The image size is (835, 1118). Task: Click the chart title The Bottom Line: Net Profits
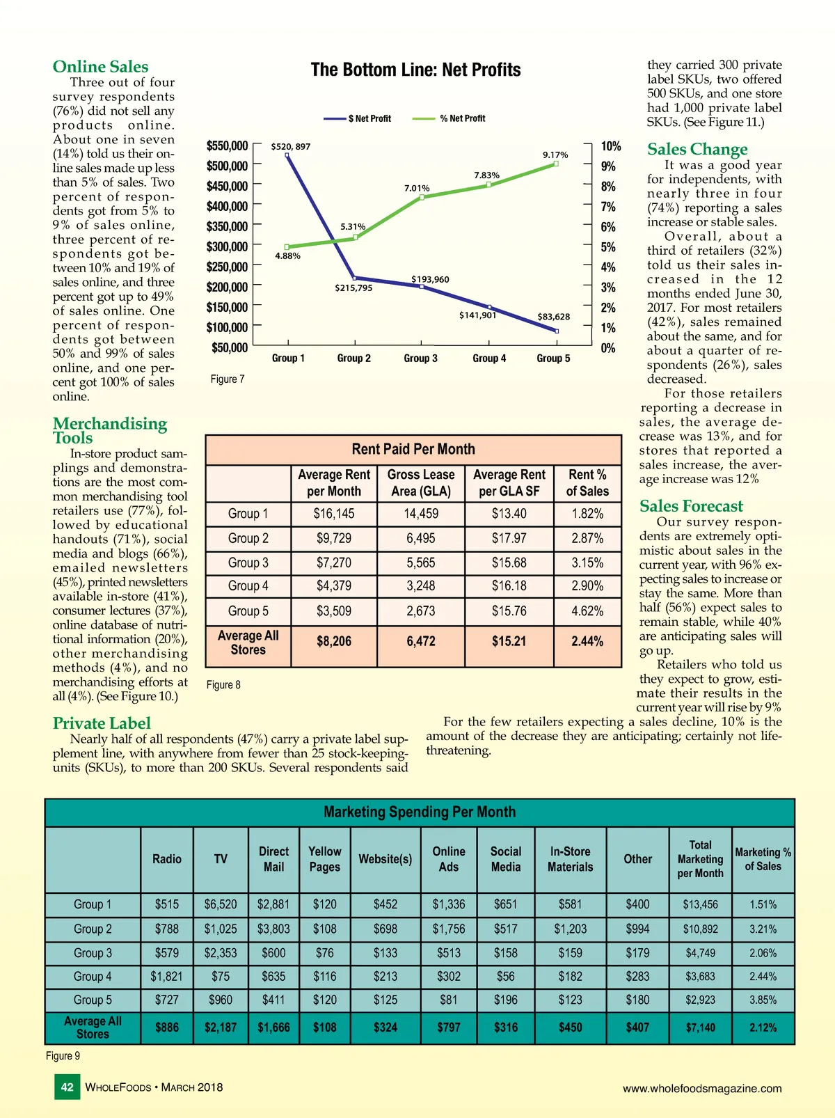point(415,70)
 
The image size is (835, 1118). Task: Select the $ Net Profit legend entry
point(369,119)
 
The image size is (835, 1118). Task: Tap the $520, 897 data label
point(291,147)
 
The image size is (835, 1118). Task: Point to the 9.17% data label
point(555,155)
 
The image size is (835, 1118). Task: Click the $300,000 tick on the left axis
point(227,247)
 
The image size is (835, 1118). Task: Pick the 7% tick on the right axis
point(608,207)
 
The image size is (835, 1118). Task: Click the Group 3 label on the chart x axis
point(420,359)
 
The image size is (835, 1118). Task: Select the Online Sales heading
point(100,67)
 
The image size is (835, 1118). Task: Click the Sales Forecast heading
point(691,506)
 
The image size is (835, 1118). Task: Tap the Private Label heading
point(102,723)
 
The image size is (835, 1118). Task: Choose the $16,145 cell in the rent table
point(334,514)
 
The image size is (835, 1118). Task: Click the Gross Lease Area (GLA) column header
point(421,482)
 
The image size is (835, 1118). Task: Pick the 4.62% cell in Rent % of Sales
point(587,611)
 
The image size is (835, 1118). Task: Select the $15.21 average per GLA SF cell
point(509,641)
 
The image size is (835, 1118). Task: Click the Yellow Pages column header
point(325,859)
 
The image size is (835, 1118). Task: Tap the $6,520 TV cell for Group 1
point(221,904)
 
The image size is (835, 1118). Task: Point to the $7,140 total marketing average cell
point(700,1028)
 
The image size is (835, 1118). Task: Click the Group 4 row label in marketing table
point(93,977)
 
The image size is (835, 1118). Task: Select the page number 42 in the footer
point(67,1087)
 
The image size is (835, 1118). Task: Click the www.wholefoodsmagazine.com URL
point(702,1089)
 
